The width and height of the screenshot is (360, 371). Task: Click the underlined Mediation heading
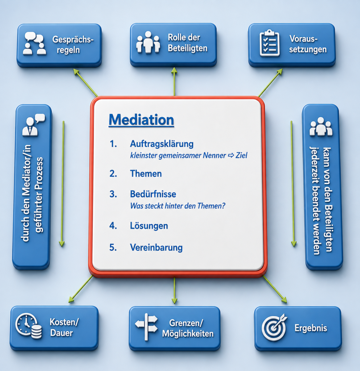(141, 120)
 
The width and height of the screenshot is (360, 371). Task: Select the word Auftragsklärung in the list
(162, 144)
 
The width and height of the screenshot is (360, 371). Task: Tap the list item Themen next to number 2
(146, 174)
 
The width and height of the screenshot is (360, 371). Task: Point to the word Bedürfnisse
(153, 194)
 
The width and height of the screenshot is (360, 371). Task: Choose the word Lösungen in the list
(149, 226)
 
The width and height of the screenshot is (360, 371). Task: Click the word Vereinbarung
(156, 247)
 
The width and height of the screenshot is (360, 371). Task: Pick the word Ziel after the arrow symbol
(241, 155)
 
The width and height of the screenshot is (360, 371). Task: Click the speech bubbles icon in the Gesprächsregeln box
(34, 43)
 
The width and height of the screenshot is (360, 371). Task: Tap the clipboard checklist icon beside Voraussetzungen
(269, 43)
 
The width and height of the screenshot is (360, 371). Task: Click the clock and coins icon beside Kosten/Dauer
(29, 326)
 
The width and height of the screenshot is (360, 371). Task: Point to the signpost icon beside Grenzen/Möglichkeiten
(146, 327)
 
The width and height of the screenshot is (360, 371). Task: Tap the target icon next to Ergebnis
(274, 328)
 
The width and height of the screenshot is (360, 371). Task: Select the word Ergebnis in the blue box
(311, 328)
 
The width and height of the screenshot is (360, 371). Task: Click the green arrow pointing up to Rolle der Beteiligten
(174, 82)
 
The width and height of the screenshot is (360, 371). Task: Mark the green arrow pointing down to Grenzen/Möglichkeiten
(174, 291)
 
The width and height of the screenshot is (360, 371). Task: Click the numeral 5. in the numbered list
(113, 247)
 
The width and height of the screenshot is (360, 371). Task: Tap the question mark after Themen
(223, 206)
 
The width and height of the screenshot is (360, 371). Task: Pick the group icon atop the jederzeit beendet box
(321, 126)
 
